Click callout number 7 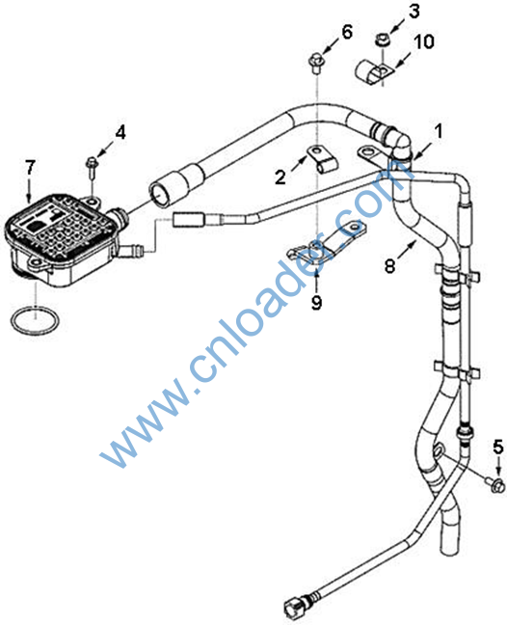point(30,168)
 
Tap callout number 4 point(120,132)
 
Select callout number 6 point(347,32)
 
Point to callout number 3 point(414,12)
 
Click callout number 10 point(424,41)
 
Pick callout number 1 point(439,131)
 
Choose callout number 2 point(280,177)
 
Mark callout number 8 point(390,266)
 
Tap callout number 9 point(316,303)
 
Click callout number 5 point(498,448)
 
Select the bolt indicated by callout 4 point(92,167)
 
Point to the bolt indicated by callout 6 point(317,64)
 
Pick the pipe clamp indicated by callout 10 point(372,71)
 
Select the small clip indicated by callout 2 point(322,158)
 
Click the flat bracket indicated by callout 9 point(325,243)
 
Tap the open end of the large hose point(161,195)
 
